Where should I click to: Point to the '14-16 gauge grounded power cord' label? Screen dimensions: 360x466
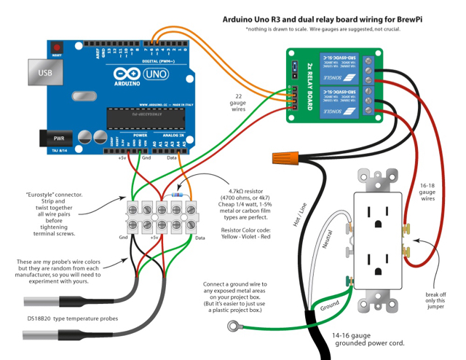[368, 340]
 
